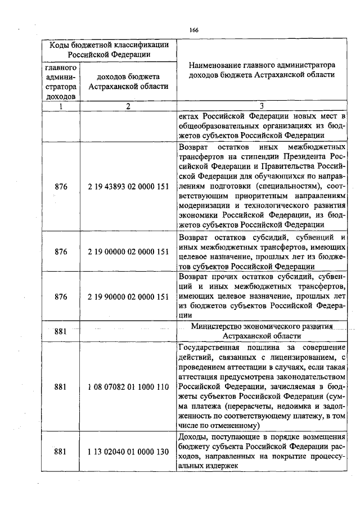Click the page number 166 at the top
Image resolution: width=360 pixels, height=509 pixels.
[193, 30]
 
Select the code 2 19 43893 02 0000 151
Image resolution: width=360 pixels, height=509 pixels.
[129, 187]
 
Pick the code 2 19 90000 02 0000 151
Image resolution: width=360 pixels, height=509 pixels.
[129, 296]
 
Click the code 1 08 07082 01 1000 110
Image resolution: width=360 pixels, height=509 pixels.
[129, 387]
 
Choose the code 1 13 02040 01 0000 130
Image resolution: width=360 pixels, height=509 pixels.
[129, 451]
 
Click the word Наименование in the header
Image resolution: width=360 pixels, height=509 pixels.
[218, 65]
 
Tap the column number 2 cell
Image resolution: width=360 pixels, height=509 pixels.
[129, 106]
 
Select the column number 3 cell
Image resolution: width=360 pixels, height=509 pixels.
[262, 106]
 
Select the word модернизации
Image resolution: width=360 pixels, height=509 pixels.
[205, 207]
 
